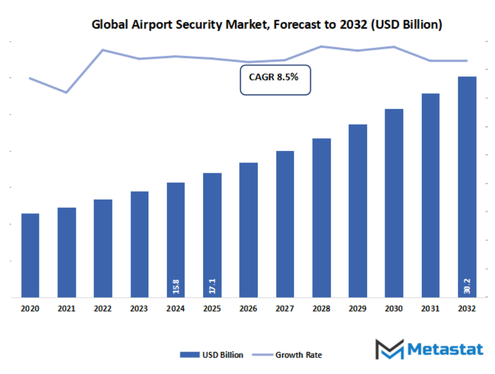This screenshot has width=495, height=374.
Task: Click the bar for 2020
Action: pyautogui.click(x=30, y=256)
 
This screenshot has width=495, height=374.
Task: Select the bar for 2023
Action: pyautogui.click(x=140, y=245)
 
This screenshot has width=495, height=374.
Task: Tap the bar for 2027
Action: pyautogui.click(x=285, y=224)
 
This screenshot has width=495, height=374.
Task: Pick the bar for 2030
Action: pyautogui.click(x=394, y=203)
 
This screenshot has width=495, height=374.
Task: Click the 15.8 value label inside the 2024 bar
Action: pyautogui.click(x=176, y=286)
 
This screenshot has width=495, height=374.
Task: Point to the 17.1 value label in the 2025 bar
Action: pyautogui.click(x=212, y=286)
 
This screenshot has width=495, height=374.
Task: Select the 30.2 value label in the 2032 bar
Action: pyautogui.click(x=467, y=286)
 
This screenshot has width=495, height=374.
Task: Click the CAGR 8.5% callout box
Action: pyautogui.click(x=275, y=80)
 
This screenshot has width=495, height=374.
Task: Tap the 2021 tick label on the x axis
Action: pyautogui.click(x=66, y=309)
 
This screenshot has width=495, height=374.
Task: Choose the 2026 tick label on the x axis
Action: pyautogui.click(x=248, y=309)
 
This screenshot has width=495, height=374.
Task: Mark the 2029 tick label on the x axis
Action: pyautogui.click(x=358, y=309)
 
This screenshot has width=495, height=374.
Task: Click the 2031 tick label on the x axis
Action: pyautogui.click(x=430, y=309)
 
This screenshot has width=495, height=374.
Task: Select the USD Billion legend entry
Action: pyautogui.click(x=212, y=355)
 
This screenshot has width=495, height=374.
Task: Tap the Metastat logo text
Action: pyautogui.click(x=445, y=349)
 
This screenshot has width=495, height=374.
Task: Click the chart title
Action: pyautogui.click(x=266, y=25)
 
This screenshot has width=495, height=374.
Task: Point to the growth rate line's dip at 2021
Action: pyautogui.click(x=66, y=92)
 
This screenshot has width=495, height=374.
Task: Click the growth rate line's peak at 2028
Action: pyautogui.click(x=321, y=46)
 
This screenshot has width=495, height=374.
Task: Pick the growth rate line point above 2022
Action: pyautogui.click(x=103, y=50)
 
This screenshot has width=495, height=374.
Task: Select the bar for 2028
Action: pyautogui.click(x=321, y=218)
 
